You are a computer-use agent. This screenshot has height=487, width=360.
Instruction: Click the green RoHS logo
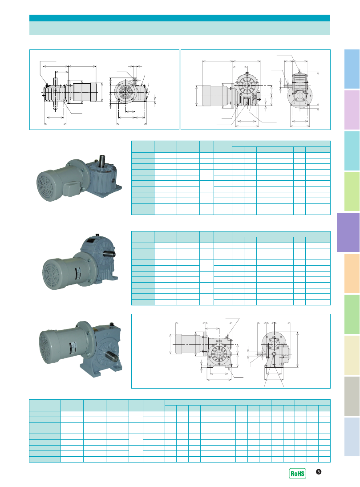[297, 473]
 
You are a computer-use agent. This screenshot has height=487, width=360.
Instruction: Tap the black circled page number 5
[319, 472]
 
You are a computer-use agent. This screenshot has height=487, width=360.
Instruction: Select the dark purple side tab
[348, 232]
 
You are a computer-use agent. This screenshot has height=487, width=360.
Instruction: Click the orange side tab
[352, 273]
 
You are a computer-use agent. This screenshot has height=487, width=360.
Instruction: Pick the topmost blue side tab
[352, 69]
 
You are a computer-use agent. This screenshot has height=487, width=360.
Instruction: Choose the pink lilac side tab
[352, 110]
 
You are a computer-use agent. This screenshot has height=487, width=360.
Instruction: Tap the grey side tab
[352, 396]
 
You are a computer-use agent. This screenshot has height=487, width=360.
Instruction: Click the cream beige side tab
[352, 355]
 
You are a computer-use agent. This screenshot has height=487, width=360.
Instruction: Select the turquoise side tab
[352, 151]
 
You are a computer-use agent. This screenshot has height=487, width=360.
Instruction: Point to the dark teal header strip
[180, 18]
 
